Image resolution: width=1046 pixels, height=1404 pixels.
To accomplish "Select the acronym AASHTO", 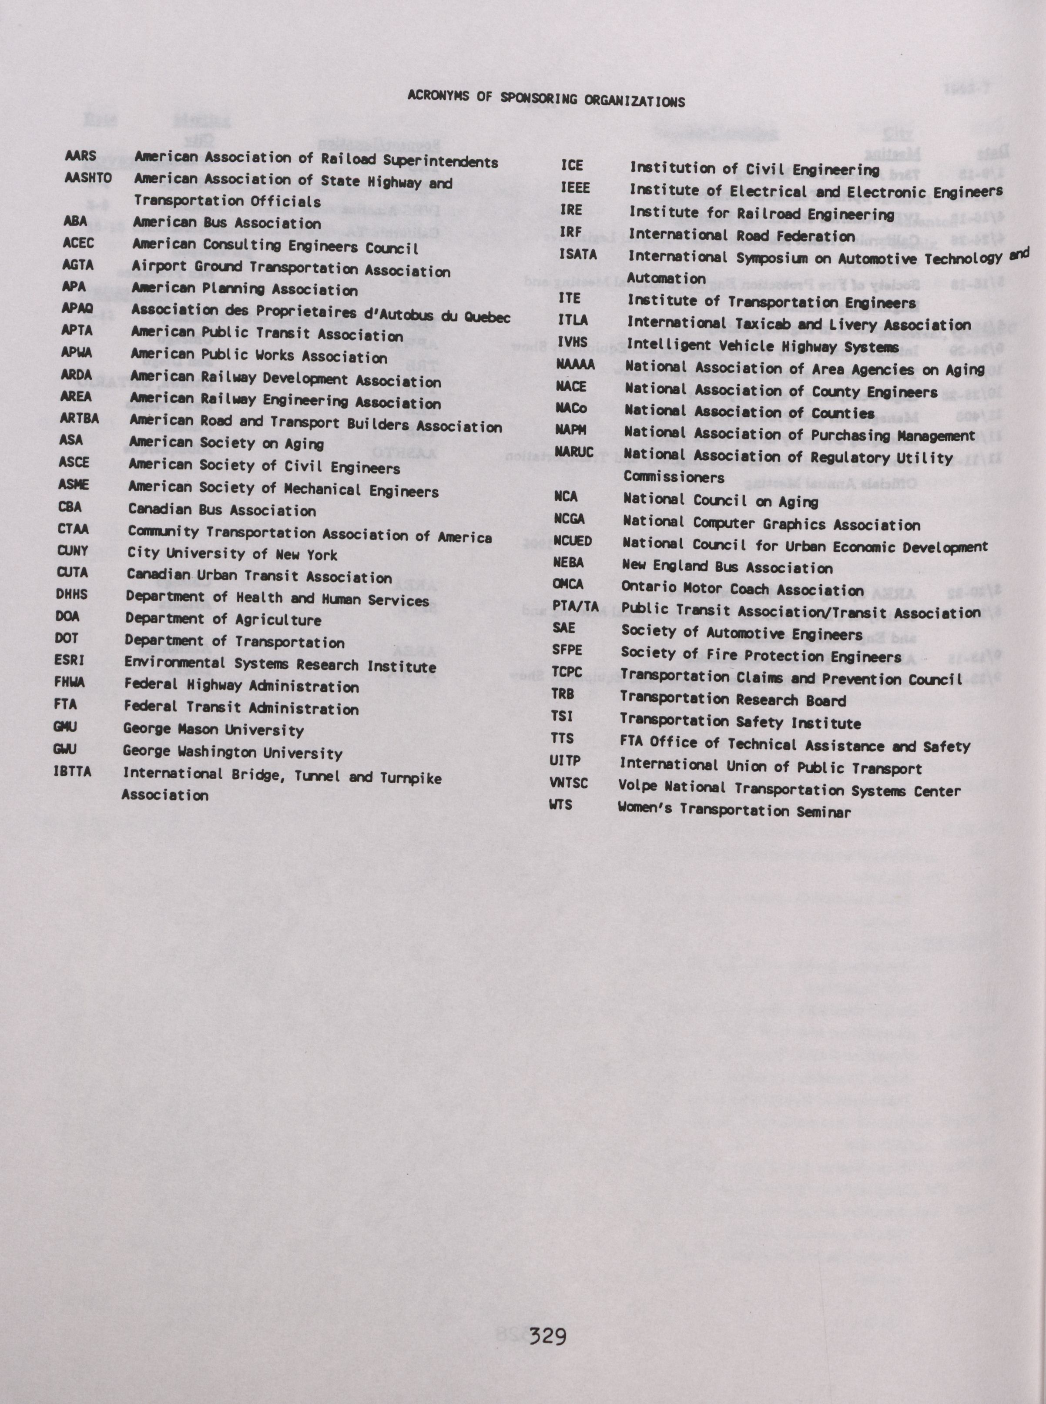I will pos(88,178).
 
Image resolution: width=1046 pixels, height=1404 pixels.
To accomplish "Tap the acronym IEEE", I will pos(575,188).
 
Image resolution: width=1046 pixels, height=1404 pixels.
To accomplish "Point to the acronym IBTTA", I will pos(72,772).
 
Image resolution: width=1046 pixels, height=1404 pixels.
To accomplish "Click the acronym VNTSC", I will pos(569,783).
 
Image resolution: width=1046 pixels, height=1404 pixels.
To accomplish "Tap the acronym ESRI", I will pos(69,660).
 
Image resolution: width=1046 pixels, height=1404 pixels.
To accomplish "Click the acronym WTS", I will pos(561,804).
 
